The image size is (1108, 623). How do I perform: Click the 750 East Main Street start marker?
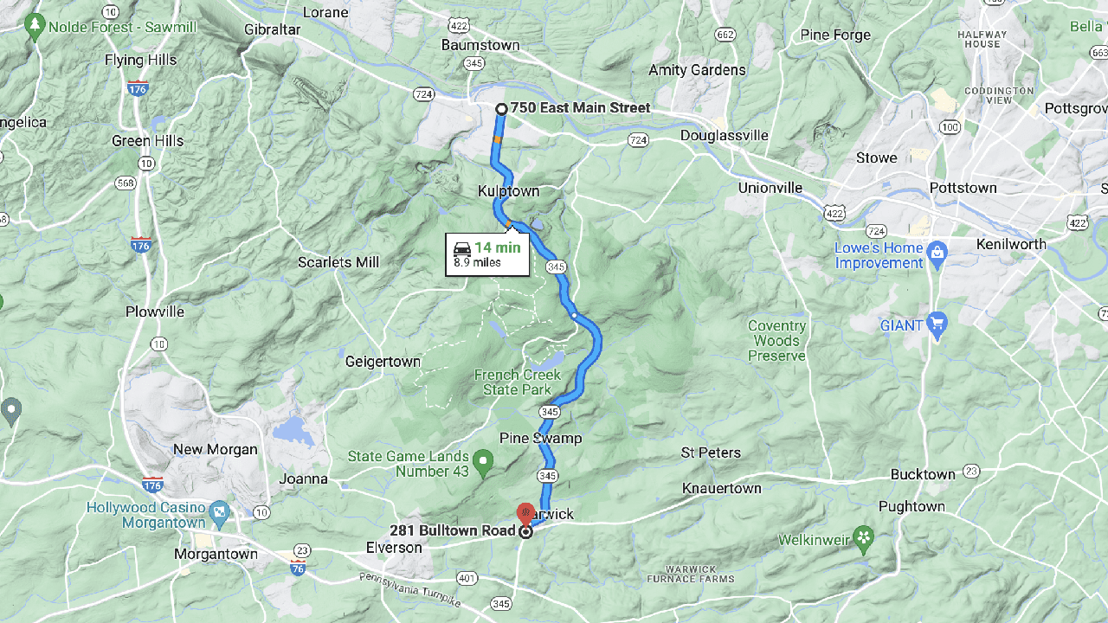click(x=501, y=109)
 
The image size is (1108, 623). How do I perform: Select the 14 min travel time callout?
click(x=487, y=254)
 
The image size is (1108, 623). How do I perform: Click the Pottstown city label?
click(x=963, y=188)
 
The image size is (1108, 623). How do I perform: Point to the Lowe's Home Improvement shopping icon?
click(x=936, y=254)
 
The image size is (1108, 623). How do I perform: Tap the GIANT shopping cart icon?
click(x=936, y=324)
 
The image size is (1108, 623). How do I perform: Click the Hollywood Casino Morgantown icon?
click(x=219, y=511)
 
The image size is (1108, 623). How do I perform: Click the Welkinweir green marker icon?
click(x=862, y=539)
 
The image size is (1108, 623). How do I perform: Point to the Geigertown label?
click(x=383, y=362)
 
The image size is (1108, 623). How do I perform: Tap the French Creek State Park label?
click(x=518, y=382)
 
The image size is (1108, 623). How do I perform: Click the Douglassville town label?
click(x=724, y=136)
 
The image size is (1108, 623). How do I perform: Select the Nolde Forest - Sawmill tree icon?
click(x=35, y=26)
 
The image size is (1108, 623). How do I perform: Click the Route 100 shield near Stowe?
click(x=950, y=128)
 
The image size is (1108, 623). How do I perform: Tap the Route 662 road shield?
click(x=725, y=35)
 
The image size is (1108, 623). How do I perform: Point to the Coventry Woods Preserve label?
click(x=776, y=341)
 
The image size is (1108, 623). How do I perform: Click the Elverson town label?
click(x=394, y=548)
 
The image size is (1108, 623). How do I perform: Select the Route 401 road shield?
click(x=467, y=578)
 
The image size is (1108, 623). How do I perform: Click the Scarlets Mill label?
click(x=338, y=262)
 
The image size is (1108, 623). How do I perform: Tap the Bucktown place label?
click(x=923, y=474)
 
